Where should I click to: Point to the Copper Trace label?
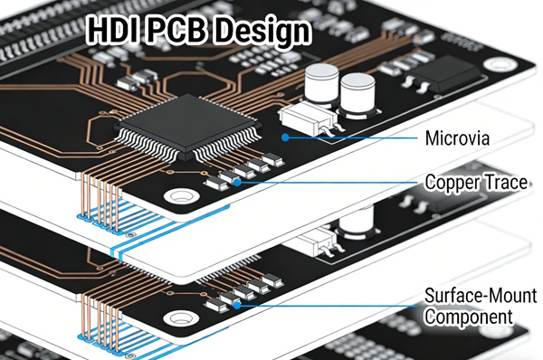[475, 183]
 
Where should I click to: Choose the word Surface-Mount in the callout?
[480, 296]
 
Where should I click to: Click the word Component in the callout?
[468, 317]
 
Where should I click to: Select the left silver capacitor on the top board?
[320, 87]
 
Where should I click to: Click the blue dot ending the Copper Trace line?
[237, 182]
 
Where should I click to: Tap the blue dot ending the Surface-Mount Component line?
[237, 305]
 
